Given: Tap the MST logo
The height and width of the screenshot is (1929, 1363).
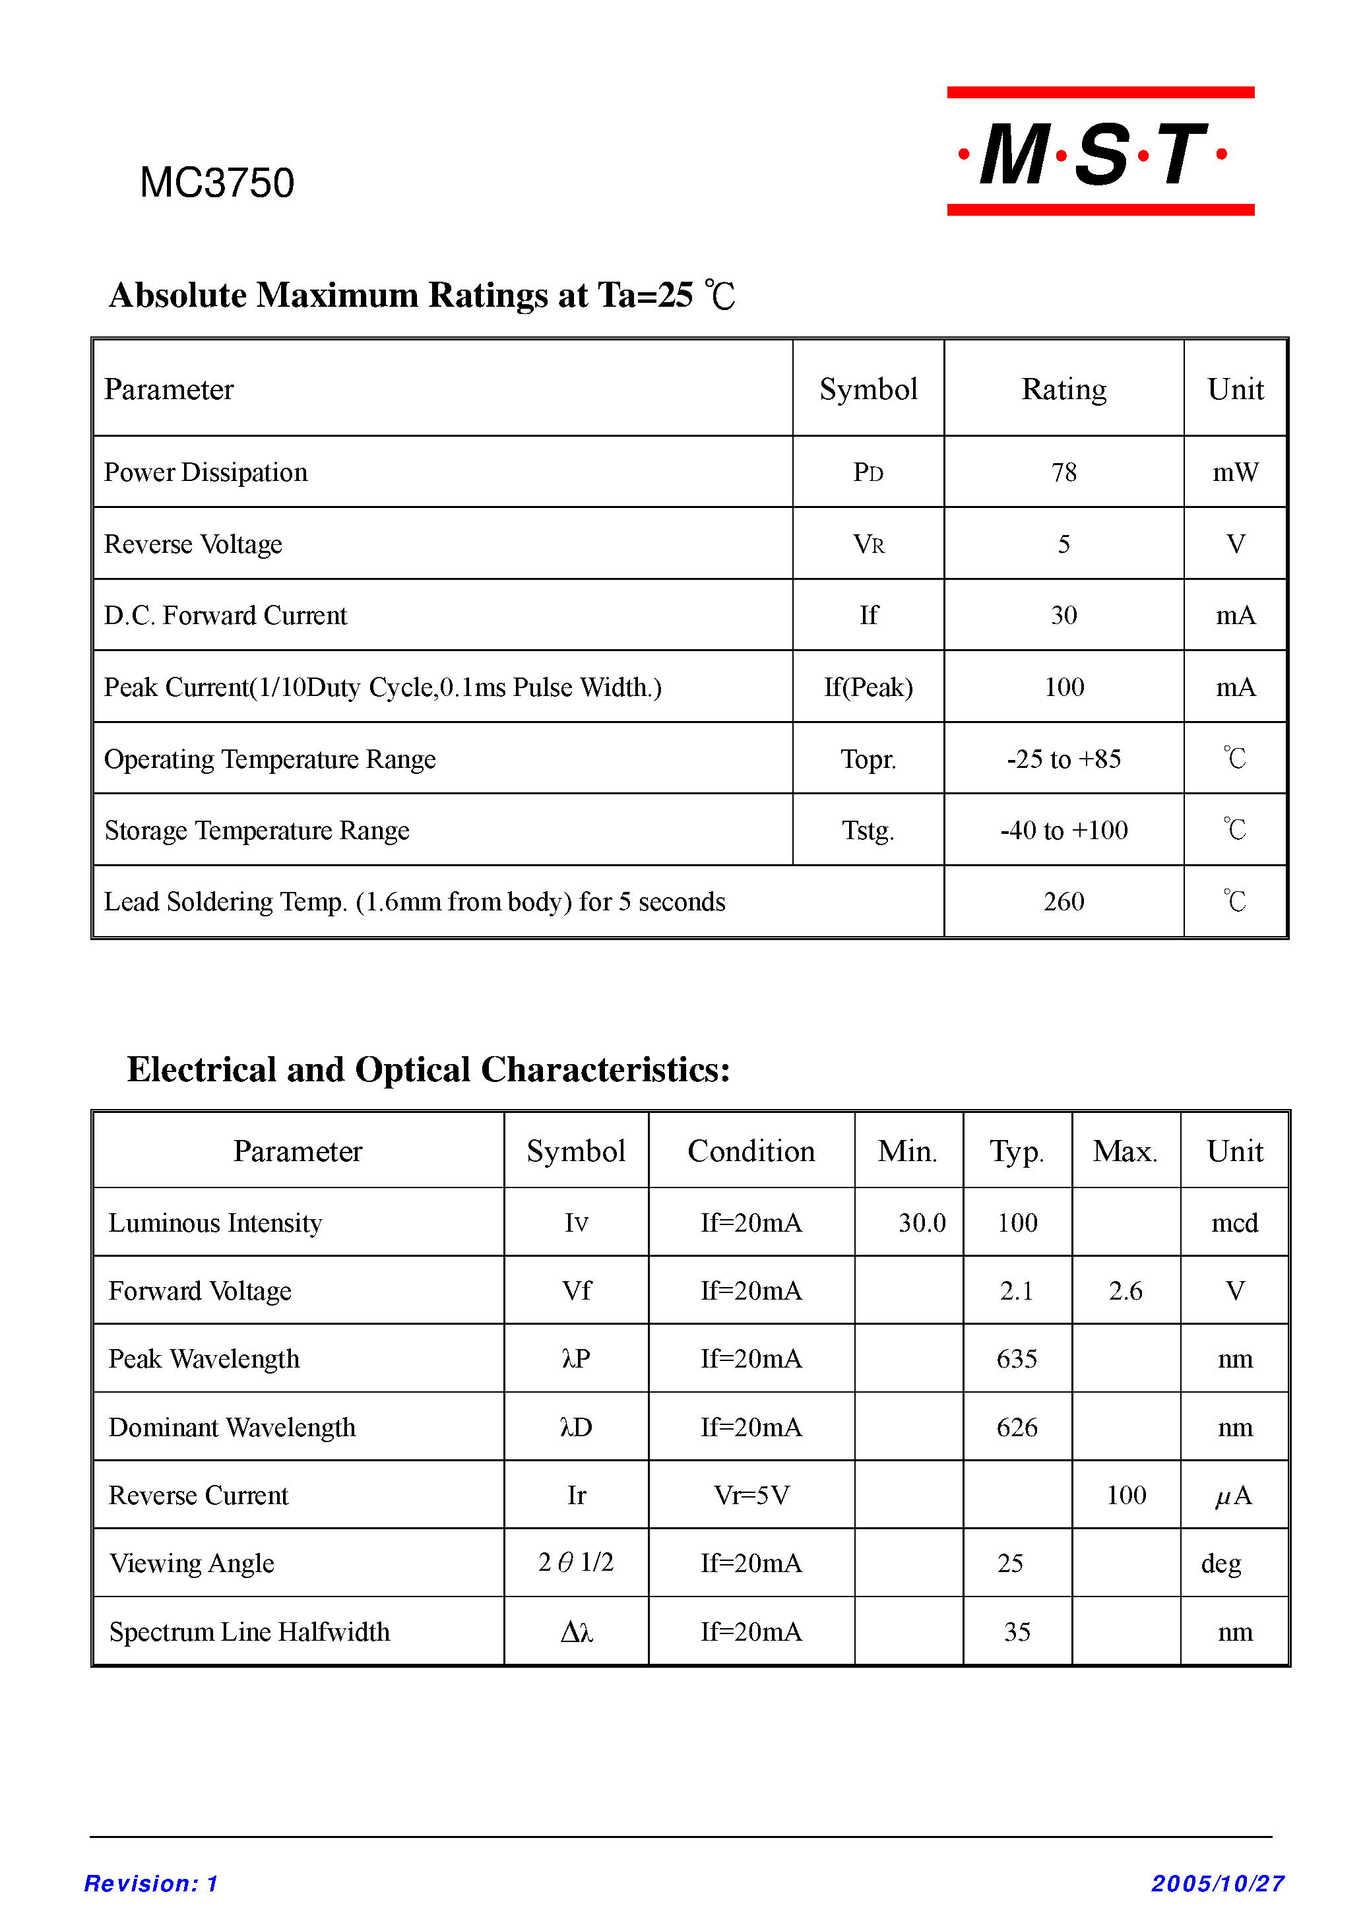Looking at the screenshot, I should [x=1100, y=152].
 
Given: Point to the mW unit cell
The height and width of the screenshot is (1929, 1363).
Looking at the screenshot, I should [x=1234, y=473].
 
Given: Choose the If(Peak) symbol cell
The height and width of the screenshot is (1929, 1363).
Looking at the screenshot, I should [x=868, y=688].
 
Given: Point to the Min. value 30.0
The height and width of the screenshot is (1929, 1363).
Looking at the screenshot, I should [x=922, y=1223].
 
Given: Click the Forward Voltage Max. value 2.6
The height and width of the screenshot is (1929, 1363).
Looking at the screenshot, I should [x=1125, y=1291].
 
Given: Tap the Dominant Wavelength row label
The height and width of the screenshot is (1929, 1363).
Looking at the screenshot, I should [x=232, y=1428].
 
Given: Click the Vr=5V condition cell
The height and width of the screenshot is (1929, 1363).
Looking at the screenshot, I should [x=750, y=1496].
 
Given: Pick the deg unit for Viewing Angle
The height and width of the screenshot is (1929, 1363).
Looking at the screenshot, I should [x=1221, y=1564].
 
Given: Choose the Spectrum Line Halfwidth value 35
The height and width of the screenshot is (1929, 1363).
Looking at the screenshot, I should [x=1017, y=1632].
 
